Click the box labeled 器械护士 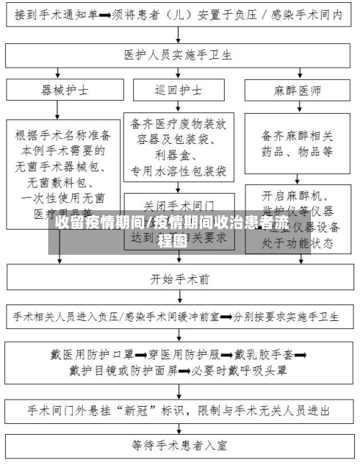[x=65, y=91]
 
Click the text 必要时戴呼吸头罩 [x=238, y=371]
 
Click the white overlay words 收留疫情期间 [x=101, y=224]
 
